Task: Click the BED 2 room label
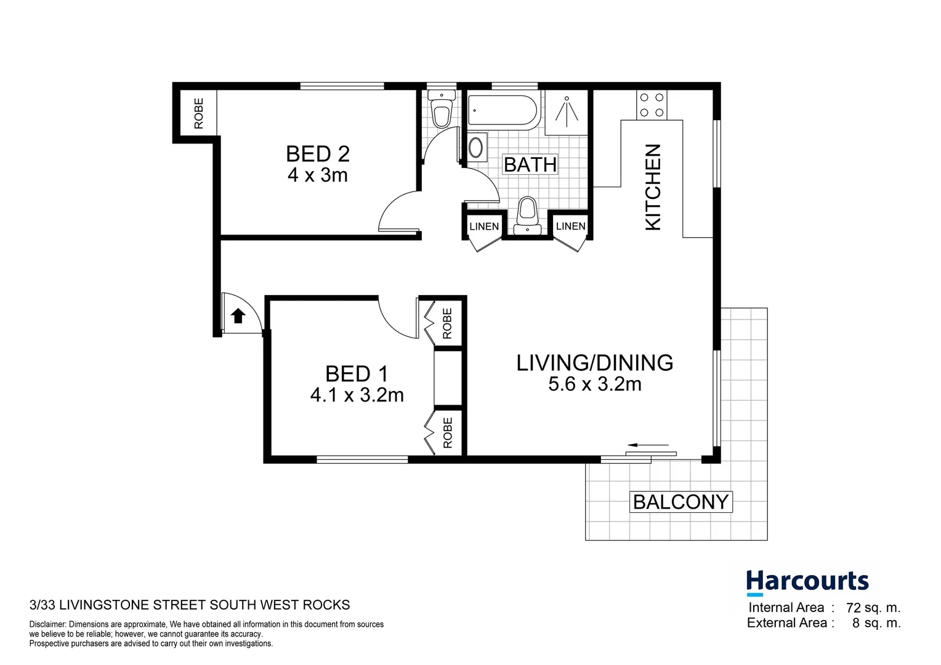click(317, 153)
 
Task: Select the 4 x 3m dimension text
click(317, 175)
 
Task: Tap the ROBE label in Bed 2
click(198, 113)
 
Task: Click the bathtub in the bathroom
click(503, 111)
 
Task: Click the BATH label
click(530, 164)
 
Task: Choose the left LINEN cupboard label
click(484, 226)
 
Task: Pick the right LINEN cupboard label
click(570, 226)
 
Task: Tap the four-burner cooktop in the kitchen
click(652, 105)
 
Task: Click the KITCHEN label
click(653, 187)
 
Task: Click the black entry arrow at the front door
click(238, 316)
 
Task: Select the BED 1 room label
click(357, 374)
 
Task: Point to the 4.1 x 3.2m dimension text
click(357, 395)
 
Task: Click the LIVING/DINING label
click(594, 363)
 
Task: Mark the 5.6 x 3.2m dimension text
click(594, 384)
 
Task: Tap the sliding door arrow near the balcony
click(648, 445)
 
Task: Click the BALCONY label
click(681, 502)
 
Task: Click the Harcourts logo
click(807, 582)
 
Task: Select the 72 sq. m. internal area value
click(873, 608)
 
